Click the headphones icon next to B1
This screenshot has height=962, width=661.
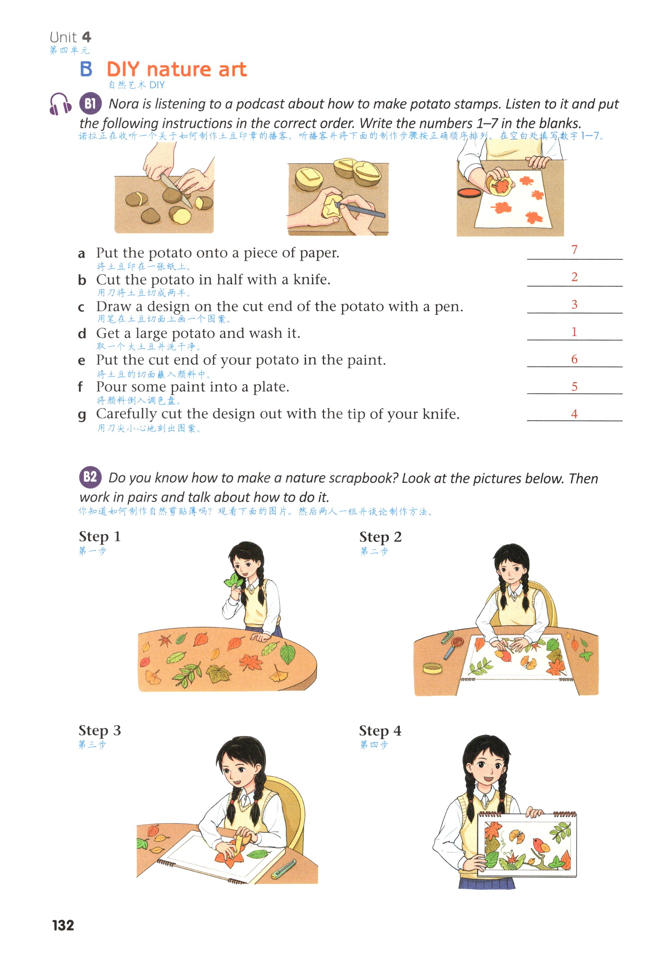[x=60, y=104]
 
